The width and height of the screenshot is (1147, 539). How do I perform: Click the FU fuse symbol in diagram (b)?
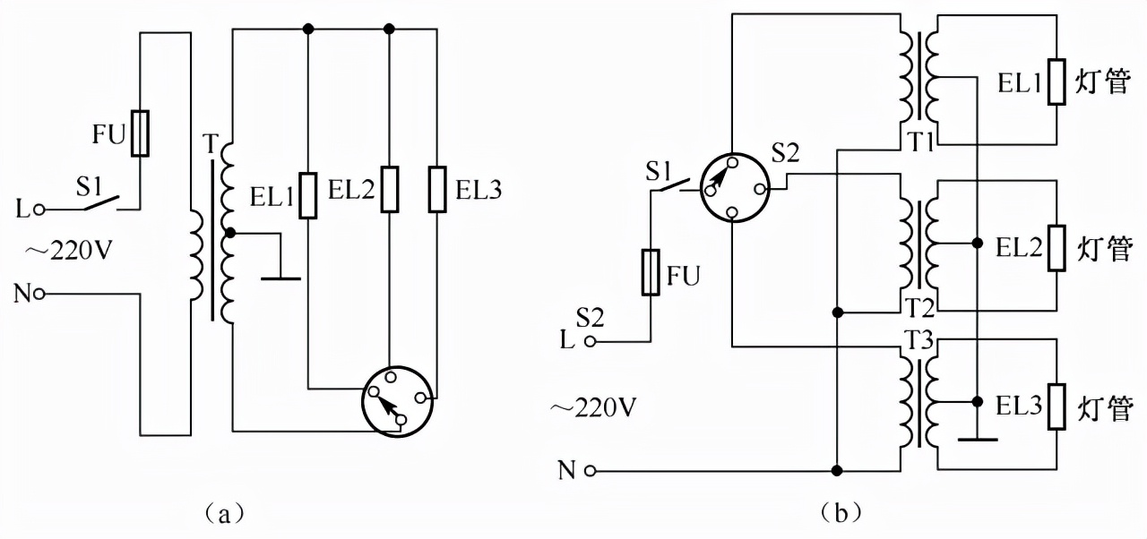point(651,272)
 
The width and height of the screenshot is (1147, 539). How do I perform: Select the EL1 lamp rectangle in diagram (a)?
point(307,196)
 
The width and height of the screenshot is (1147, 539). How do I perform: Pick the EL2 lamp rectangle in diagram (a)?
point(389,189)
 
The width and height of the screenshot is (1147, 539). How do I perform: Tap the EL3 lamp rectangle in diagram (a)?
point(437,189)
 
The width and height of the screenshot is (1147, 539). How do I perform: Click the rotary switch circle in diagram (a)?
point(398,400)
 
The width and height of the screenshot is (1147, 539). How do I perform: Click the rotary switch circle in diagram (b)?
point(733,187)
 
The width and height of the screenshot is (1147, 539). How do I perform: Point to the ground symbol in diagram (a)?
point(280,278)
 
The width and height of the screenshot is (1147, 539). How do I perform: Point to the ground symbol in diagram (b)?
point(976,440)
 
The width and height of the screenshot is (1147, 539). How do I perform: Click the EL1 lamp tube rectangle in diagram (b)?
point(1056,82)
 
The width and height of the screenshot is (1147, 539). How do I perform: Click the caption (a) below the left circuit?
point(219,513)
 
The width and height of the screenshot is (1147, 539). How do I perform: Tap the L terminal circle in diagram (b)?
point(591,341)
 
